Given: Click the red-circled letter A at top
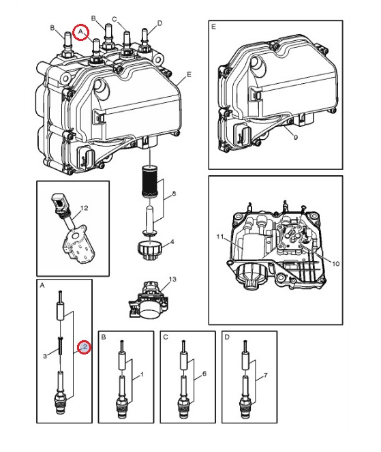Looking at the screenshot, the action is tap(80, 31).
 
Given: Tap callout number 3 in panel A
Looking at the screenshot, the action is tap(45, 356).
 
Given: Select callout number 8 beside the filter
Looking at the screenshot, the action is tap(174, 194).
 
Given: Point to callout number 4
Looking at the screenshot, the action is tap(172, 241).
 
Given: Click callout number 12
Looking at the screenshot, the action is tap(84, 208).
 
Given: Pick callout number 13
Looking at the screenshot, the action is tap(172, 279).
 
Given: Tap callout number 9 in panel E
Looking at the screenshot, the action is tap(295, 137).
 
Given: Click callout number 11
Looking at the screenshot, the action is tap(220, 237).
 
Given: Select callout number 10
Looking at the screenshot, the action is tap(336, 263).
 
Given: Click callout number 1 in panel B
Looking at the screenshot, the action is tap(142, 374).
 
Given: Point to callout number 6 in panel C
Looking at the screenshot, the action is tap(204, 374).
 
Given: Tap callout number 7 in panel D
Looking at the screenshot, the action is tap(265, 376).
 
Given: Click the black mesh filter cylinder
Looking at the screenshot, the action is tap(149, 182).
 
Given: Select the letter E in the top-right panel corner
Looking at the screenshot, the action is tap(213, 27).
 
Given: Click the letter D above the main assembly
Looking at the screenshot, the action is tap(159, 23).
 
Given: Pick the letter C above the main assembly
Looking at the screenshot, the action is tap(115, 19).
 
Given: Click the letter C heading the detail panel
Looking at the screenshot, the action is tap(166, 337).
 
